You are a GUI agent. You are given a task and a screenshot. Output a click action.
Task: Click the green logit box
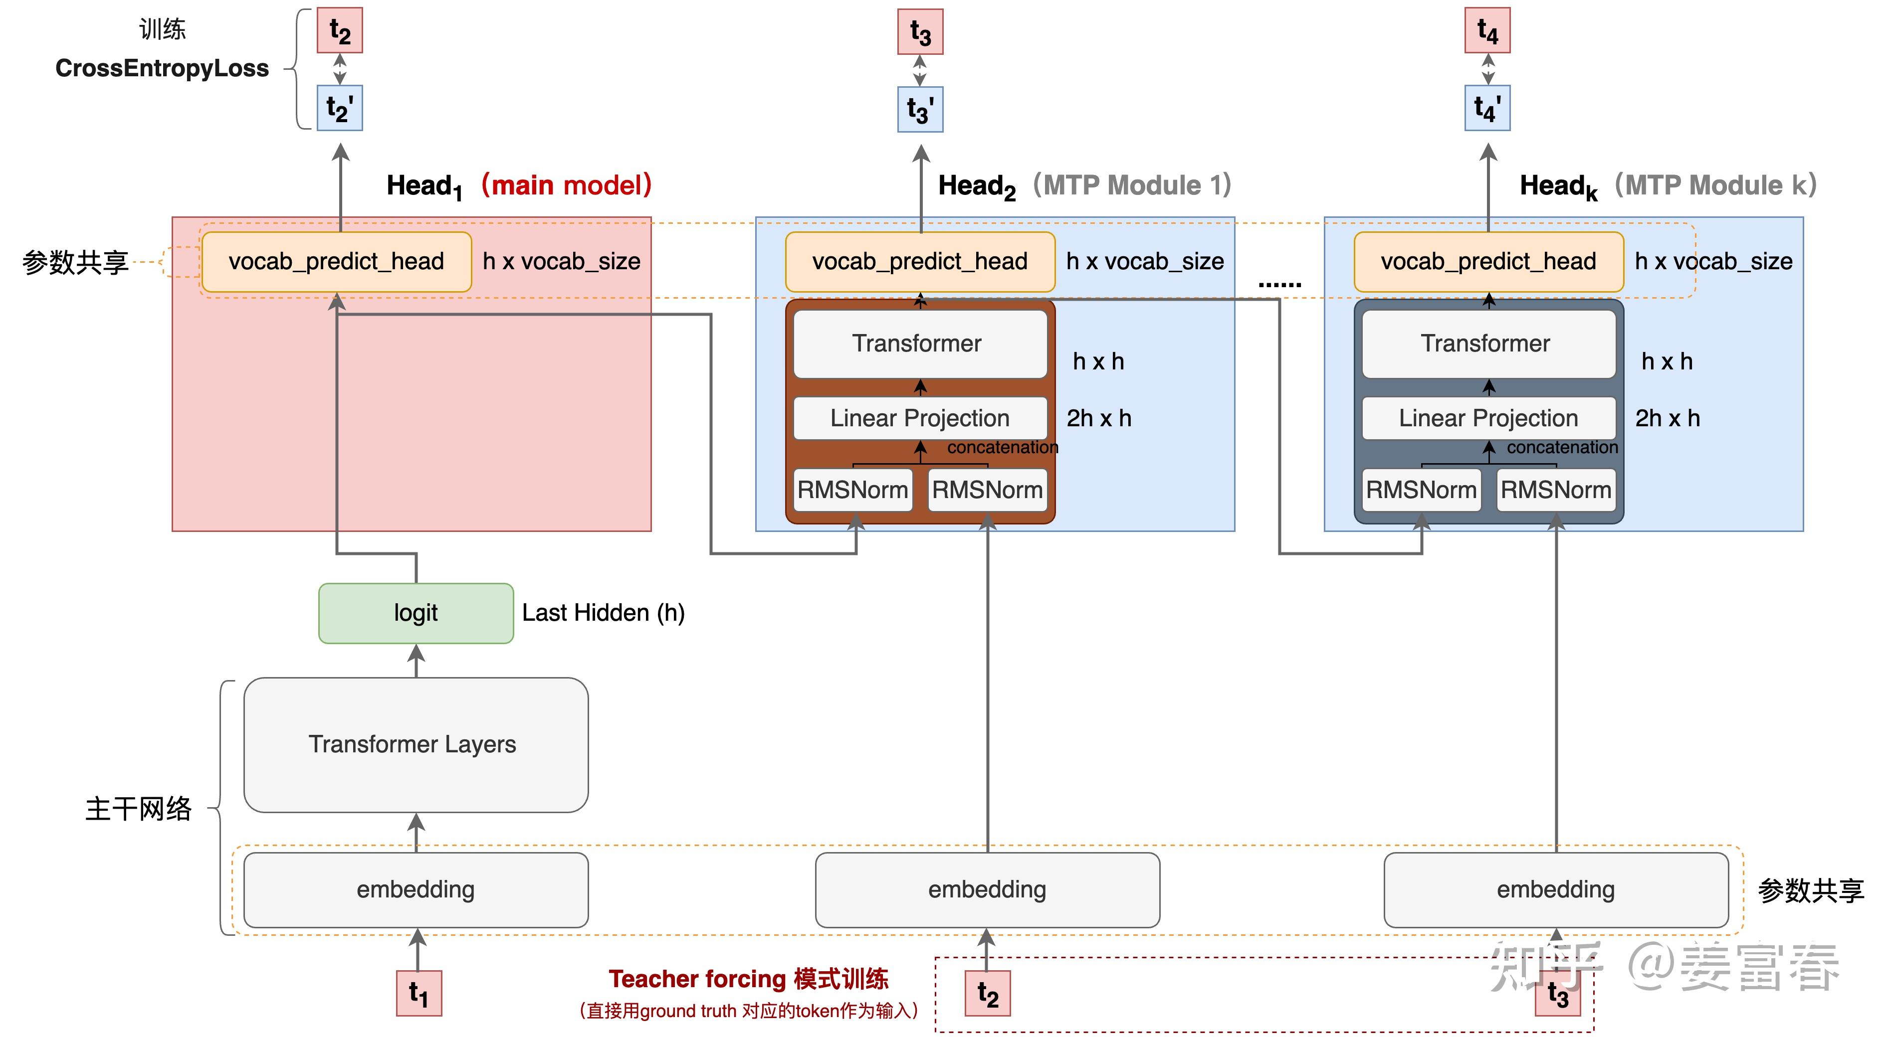(x=416, y=613)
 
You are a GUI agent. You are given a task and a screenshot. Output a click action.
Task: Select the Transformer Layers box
(x=416, y=744)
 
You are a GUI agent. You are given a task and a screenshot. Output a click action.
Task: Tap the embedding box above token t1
(x=416, y=889)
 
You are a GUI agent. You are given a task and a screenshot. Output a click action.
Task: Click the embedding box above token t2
(x=987, y=889)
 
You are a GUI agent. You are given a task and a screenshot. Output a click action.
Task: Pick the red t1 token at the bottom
(x=419, y=993)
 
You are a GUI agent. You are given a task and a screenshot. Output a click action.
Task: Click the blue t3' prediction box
(x=920, y=110)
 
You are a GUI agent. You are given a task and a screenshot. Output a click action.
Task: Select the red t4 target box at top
(x=1487, y=31)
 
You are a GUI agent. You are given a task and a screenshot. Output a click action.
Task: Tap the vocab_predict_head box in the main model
(x=336, y=262)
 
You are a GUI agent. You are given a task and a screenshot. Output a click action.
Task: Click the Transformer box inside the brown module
(x=919, y=344)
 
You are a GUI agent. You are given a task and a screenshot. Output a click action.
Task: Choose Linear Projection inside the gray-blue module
(x=1488, y=418)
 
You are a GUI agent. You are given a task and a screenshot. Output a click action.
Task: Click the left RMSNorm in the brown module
(x=852, y=490)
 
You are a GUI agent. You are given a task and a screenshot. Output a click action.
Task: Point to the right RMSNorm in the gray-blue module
(x=1555, y=490)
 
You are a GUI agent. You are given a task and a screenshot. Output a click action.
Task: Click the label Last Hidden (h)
(x=603, y=613)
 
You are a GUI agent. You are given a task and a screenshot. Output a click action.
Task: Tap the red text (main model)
(x=566, y=184)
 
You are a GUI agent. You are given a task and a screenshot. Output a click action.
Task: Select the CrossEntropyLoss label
(x=162, y=68)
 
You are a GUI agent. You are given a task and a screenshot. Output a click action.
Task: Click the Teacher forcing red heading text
(x=748, y=979)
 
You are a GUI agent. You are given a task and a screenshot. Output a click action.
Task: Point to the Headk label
(x=1557, y=186)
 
